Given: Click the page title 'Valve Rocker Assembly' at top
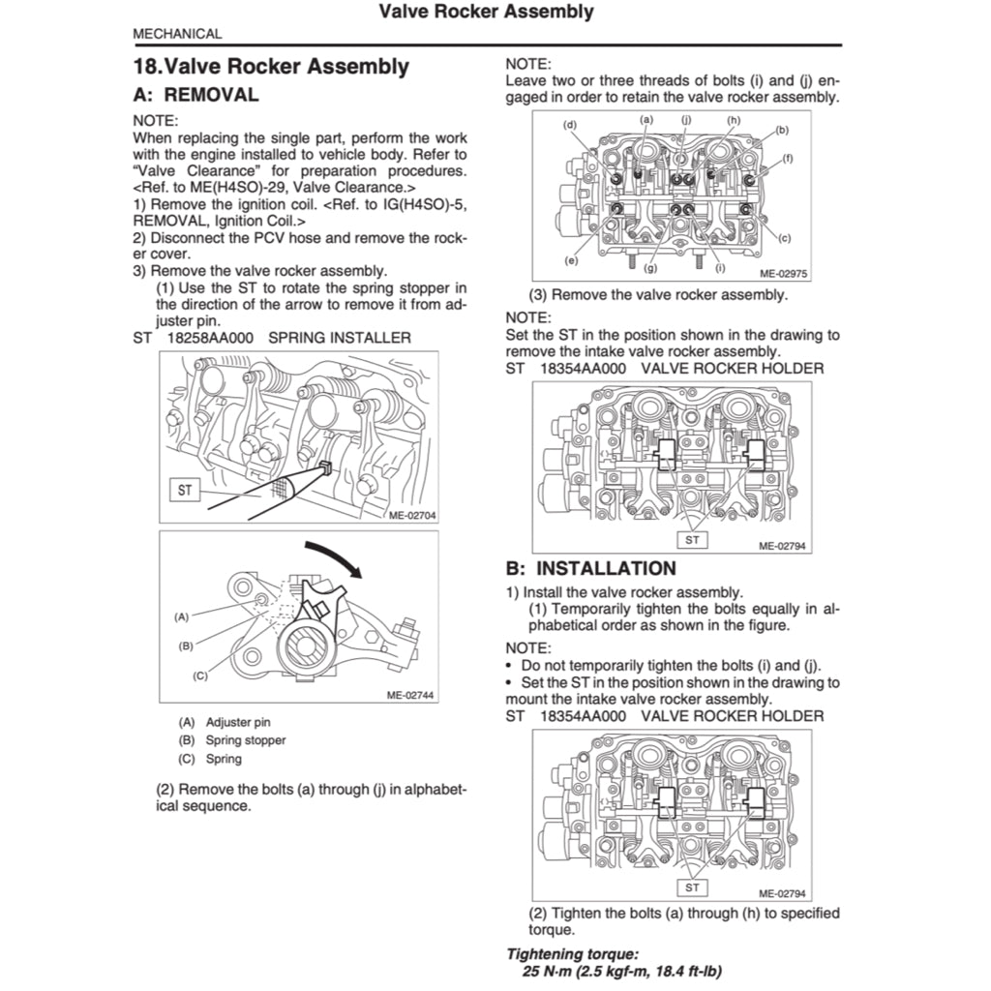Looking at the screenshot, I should pos(486,13).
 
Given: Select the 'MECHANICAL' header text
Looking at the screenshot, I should pos(177,34).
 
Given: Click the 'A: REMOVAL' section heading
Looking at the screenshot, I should pos(195,95).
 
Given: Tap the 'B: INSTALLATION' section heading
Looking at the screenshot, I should pos(590,568).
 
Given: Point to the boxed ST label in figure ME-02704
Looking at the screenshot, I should pos(185,491).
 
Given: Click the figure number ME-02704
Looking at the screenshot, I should pos(411,515).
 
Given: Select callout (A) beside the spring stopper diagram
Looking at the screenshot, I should pos(181,616).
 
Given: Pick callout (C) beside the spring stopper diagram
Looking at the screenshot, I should pos(200,676).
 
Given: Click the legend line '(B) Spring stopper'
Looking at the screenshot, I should pos(232,740).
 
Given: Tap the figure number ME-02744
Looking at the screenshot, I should pos(411,694).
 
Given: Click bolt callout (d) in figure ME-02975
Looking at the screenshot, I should pos(570,125).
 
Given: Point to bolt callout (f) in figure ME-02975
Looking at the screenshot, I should pos(787,158).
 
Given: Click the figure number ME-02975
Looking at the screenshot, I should pos(783,274).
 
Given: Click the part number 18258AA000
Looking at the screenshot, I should pos(209,338).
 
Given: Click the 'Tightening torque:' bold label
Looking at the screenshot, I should pos(572,953).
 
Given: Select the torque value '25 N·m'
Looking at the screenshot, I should pos(551,971).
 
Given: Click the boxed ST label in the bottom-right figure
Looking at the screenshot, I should pos(692,886).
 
